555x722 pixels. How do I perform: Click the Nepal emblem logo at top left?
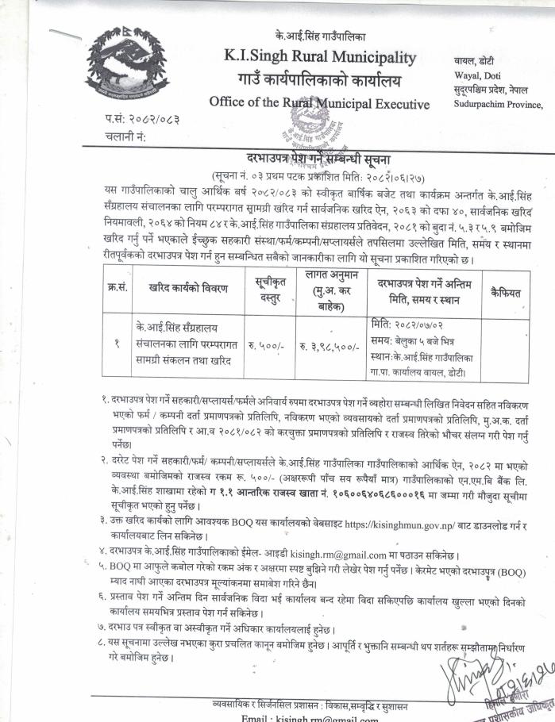click(x=123, y=63)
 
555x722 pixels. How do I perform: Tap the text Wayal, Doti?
click(x=480, y=75)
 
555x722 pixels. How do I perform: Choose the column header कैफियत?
click(x=505, y=293)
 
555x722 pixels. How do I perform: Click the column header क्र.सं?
click(x=116, y=293)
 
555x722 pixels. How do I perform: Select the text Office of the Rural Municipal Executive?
click(x=319, y=103)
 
